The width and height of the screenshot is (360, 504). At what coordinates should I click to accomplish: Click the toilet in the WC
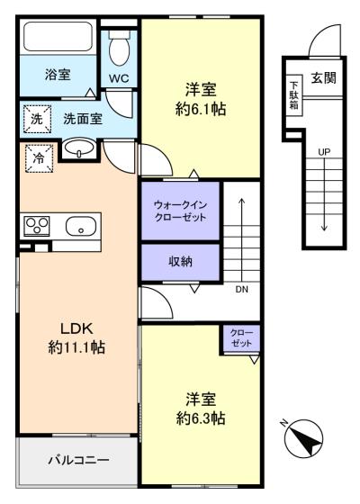pos(119,49)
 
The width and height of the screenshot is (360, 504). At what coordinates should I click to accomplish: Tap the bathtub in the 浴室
pos(58,36)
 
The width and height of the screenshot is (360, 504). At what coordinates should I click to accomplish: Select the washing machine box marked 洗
pos(37,119)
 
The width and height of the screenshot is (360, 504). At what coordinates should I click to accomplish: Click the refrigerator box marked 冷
pos(40,158)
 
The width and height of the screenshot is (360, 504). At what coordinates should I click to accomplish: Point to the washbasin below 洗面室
pos(79,148)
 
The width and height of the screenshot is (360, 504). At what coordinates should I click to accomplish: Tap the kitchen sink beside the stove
pos(81,226)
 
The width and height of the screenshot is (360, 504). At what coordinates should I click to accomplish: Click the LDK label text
pos(76,328)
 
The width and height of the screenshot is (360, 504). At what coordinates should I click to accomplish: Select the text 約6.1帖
pos(201,109)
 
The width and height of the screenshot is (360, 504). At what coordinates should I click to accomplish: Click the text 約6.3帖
pos(201,418)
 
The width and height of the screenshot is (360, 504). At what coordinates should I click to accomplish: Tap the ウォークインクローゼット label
pos(180,211)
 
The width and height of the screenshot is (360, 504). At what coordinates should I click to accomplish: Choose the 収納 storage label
pos(180,262)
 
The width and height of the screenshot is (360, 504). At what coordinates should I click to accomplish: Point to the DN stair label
pos(242,289)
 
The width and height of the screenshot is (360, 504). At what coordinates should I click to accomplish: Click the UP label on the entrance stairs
pos(324,152)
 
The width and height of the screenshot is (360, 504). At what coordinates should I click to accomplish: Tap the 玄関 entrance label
pos(323,77)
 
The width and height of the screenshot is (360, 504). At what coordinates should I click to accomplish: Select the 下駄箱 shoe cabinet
pos(293,95)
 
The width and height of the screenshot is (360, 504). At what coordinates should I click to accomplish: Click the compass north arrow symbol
pos(306,438)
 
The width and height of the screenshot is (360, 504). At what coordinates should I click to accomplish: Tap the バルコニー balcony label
pos(79,460)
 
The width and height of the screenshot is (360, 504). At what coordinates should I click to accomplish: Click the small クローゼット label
pos(241,338)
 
